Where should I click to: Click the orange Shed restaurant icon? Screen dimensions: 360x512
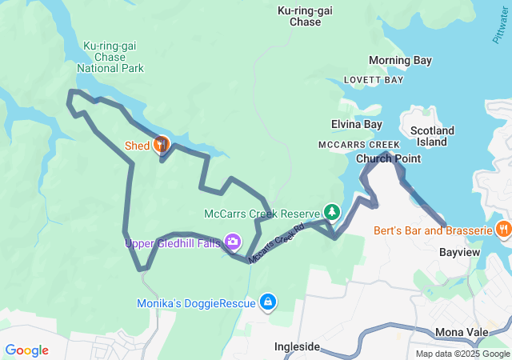click(162, 145)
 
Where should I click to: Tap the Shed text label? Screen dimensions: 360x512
click(137, 146)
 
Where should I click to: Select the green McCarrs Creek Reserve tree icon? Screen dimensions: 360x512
click(331, 213)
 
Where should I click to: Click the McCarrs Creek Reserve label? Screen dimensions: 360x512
click(262, 214)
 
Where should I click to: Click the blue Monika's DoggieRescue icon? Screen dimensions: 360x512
click(269, 302)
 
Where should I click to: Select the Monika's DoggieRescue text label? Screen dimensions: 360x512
click(196, 302)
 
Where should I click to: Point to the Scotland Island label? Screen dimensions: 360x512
click(432, 136)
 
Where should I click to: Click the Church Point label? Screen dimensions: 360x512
click(388, 158)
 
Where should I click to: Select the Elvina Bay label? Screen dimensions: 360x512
click(357, 124)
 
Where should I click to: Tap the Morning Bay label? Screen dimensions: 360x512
click(400, 61)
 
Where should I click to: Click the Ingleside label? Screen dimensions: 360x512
click(298, 347)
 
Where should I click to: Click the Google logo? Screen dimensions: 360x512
click(26, 350)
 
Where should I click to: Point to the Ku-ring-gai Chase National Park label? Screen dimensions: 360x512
click(110, 57)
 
